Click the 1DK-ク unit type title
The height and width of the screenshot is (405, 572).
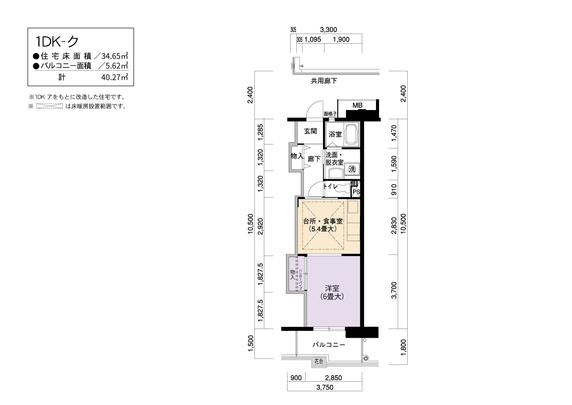coord(57,42)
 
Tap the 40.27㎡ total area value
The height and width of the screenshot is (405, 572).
coord(114,77)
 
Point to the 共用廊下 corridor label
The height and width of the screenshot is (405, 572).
coord(324,81)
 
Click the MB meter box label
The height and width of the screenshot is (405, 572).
coord(357,105)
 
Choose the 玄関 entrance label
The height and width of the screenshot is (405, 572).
coord(310,131)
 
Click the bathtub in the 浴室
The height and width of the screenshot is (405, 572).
coord(352,134)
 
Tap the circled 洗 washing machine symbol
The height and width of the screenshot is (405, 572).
coord(352,169)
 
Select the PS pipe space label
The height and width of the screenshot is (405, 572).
coord(356,192)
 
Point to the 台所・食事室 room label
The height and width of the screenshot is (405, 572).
coord(323,221)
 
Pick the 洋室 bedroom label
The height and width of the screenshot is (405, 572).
coord(332,288)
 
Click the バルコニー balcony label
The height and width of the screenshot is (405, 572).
coord(329,345)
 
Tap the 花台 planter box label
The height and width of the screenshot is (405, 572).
coord(319,361)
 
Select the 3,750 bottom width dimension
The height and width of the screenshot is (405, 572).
coord(325,387)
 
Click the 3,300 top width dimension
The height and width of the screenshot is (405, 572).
coord(328,30)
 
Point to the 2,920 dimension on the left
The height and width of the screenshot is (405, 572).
coord(260,226)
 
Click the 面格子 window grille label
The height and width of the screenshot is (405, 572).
coord(330,114)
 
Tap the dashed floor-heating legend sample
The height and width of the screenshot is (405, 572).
coord(50,106)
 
